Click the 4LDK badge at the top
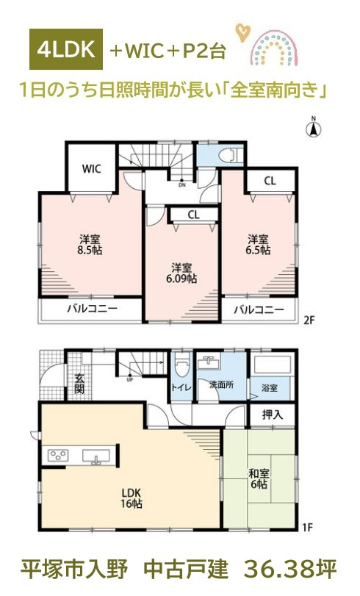click(66, 49)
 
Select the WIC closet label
click(92, 168)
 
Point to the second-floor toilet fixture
click(231, 155)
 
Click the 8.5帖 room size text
click(90, 250)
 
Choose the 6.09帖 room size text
click(181, 279)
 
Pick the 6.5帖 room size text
click(258, 250)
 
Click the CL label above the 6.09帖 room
click(193, 215)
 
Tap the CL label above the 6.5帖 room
click(270, 182)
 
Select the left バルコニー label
click(92, 308)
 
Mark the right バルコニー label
click(259, 309)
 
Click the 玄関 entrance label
click(79, 383)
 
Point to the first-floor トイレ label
click(181, 388)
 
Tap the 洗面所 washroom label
click(222, 384)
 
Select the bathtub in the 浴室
click(273, 365)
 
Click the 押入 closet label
click(272, 414)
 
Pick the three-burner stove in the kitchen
click(58, 455)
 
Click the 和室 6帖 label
click(259, 478)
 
